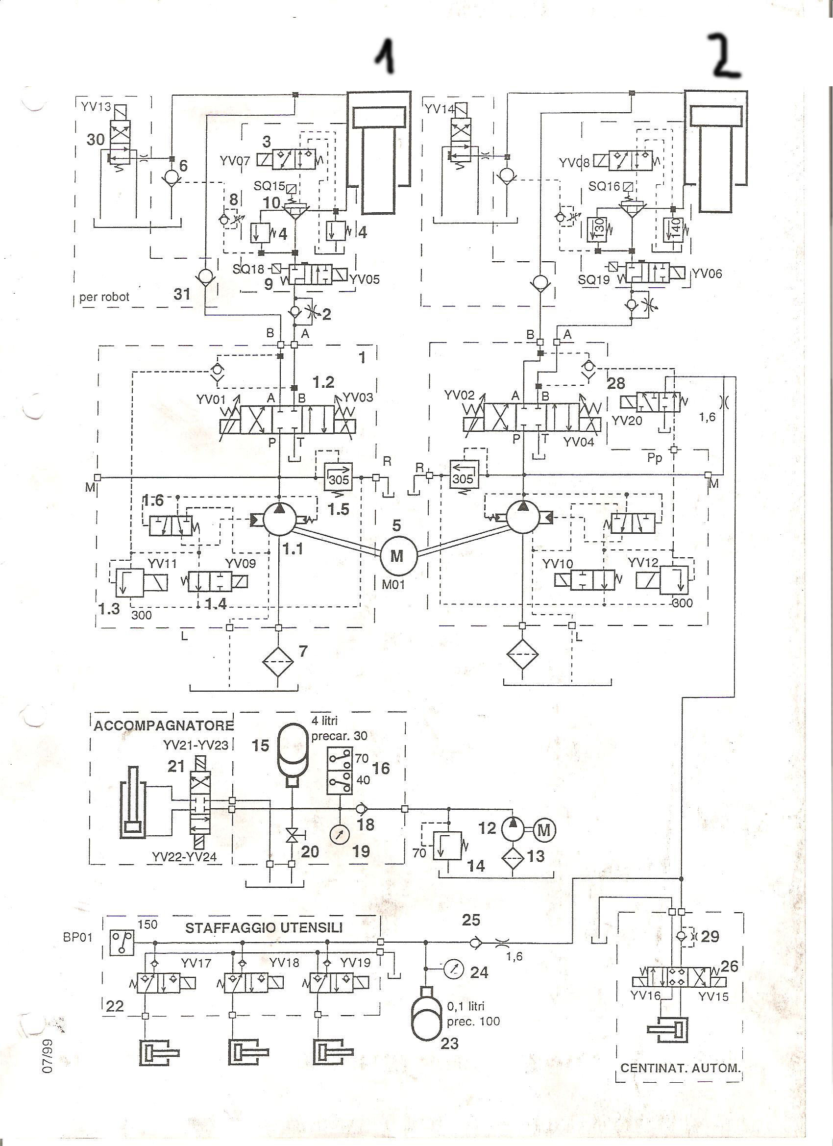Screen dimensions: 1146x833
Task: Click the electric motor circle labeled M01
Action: pyautogui.click(x=397, y=555)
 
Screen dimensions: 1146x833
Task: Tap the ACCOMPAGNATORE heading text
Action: pyautogui.click(x=164, y=726)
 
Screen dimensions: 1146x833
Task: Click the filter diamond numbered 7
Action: pyautogui.click(x=278, y=662)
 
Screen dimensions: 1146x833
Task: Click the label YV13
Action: pyautogui.click(x=96, y=107)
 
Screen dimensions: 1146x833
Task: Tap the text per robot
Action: pyautogui.click(x=104, y=297)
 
